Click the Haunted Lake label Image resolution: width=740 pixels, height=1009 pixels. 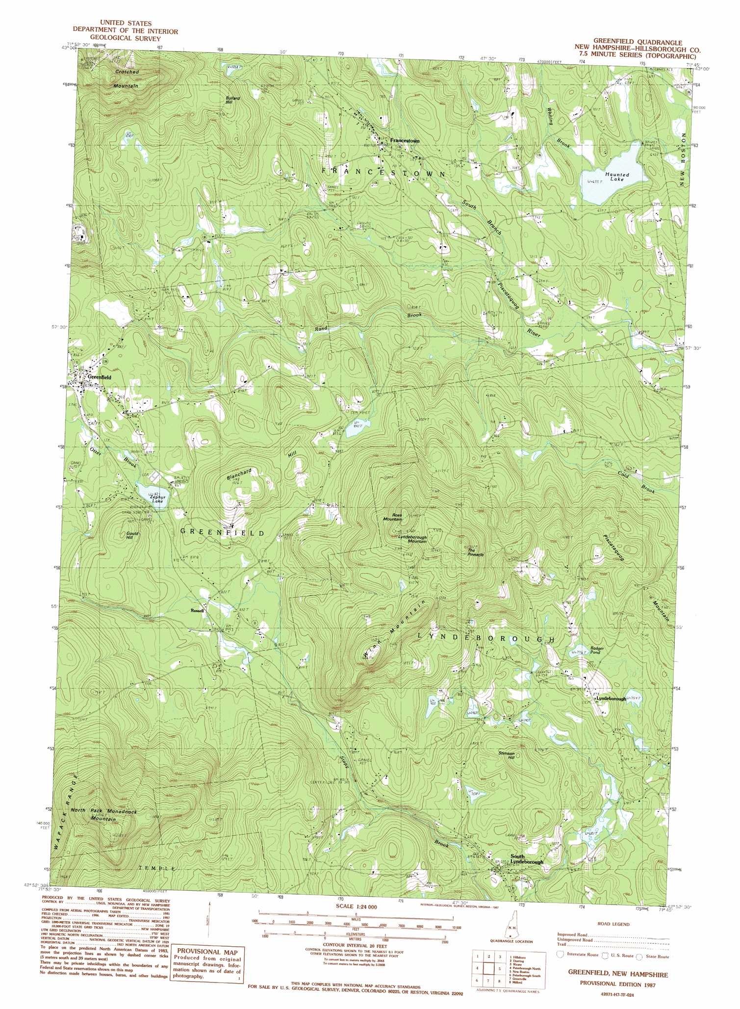pyautogui.click(x=616, y=177)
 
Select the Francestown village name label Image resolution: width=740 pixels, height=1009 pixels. pyautogui.click(x=405, y=141)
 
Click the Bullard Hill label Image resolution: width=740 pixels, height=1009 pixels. pyautogui.click(x=232, y=101)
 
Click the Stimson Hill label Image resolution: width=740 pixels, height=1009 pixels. pyautogui.click(x=507, y=755)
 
